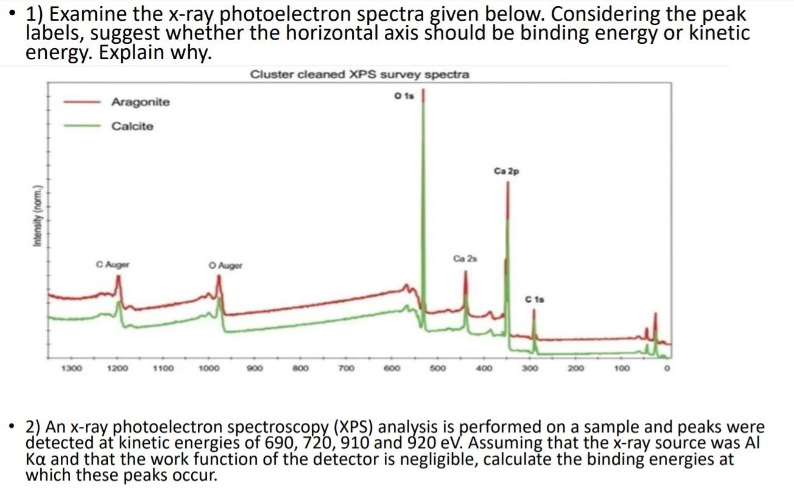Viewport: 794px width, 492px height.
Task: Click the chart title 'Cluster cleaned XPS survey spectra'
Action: click(359, 75)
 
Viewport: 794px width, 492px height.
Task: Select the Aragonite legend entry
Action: click(140, 102)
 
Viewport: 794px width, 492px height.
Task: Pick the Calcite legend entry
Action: click(132, 127)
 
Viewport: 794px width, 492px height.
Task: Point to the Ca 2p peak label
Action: click(507, 172)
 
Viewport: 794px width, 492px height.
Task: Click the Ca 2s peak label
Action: click(465, 259)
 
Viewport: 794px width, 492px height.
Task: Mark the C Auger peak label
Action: click(113, 265)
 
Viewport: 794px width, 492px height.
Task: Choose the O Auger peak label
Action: click(225, 265)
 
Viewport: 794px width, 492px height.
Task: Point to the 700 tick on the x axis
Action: click(346, 368)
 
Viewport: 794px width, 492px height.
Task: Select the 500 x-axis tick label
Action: click(438, 368)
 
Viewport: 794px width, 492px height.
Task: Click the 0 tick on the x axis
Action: click(667, 368)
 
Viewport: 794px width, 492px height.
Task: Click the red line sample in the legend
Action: click(83, 102)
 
